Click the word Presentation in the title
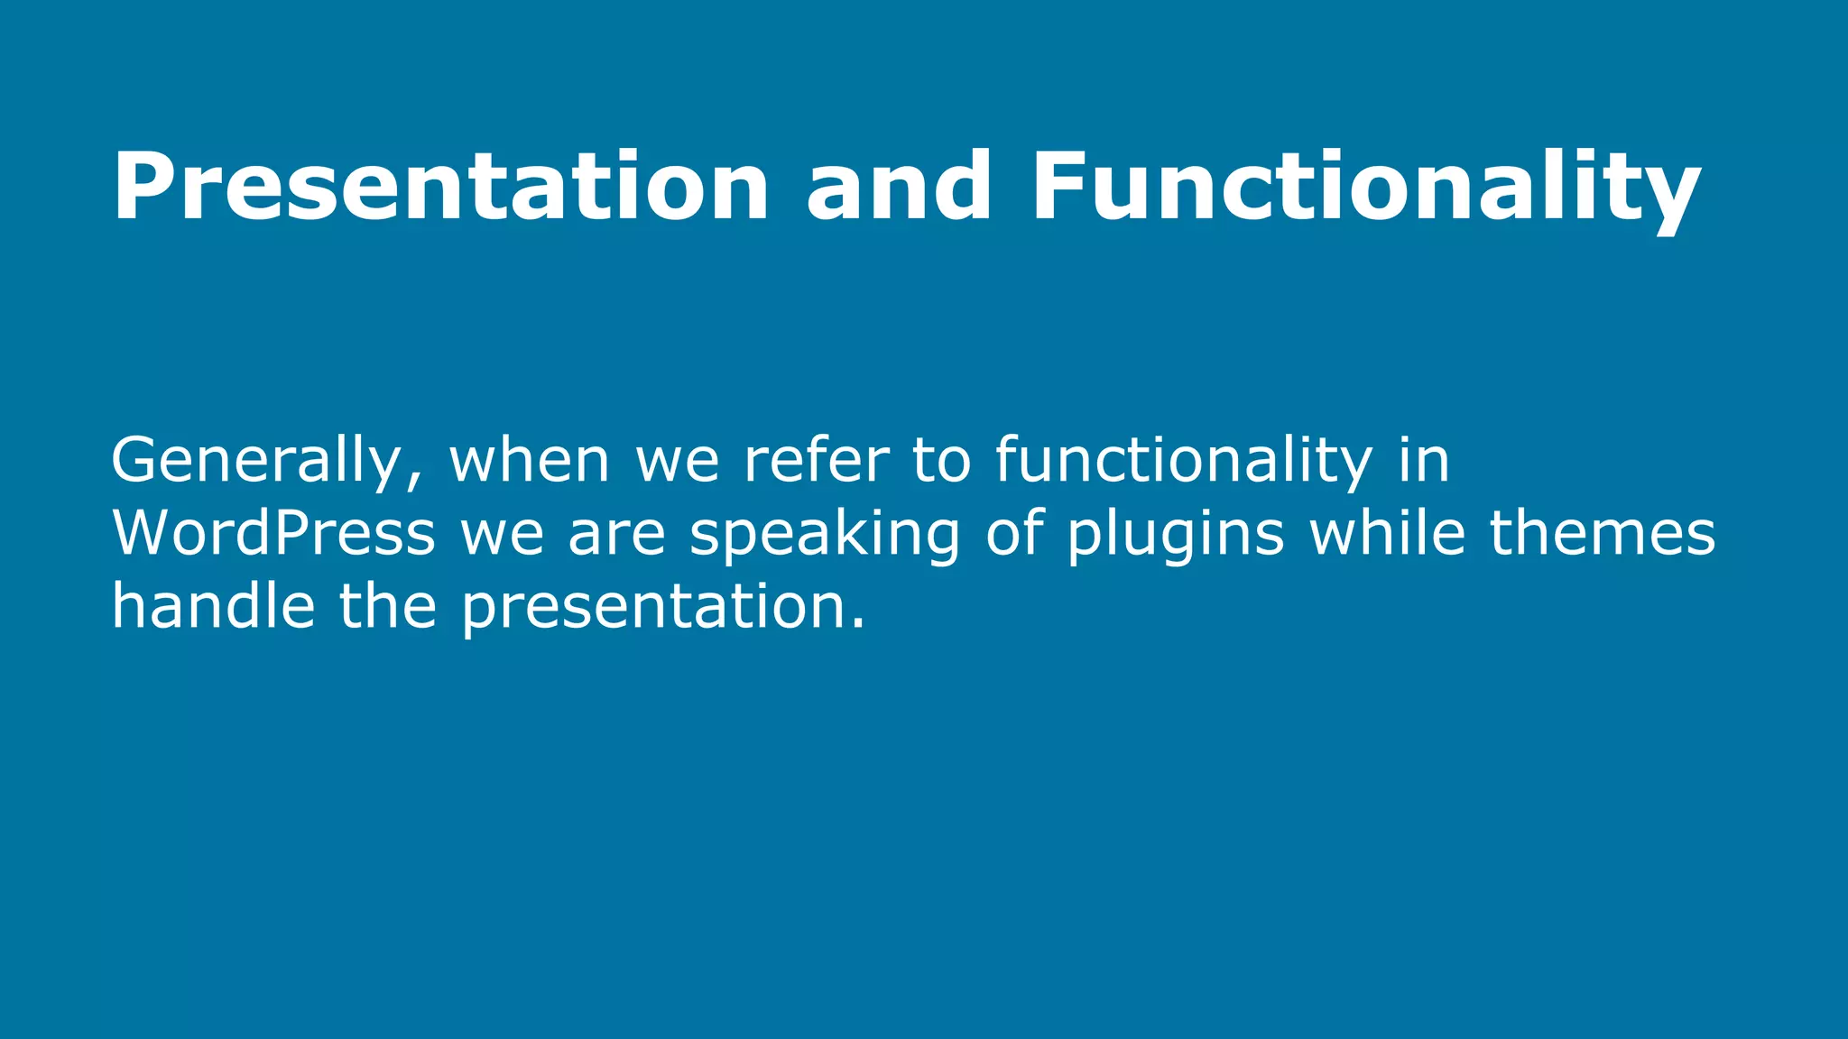pos(440,187)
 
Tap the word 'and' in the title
pos(899,187)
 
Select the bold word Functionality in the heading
pos(1365,187)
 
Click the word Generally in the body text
pos(254,462)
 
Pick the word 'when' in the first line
pos(530,462)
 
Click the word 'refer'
pos(817,460)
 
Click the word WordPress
pos(273,533)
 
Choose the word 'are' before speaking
pos(616,535)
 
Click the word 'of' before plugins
pos(1014,533)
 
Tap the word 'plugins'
pos(1176,535)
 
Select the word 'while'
pos(1388,533)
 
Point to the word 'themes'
pos(1603,533)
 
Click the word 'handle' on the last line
pos(213,605)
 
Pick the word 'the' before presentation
pos(388,605)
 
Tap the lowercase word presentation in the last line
pos(653,607)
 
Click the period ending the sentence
pos(858,625)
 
